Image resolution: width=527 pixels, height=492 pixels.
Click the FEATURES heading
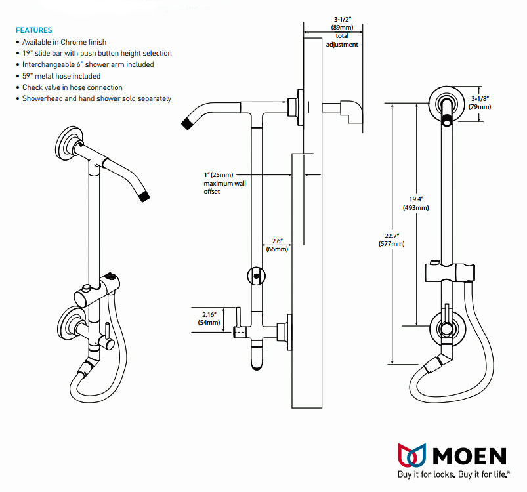(x=33, y=30)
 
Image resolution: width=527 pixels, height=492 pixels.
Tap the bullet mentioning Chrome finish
(x=64, y=42)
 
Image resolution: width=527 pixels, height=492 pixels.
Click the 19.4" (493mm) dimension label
(x=415, y=203)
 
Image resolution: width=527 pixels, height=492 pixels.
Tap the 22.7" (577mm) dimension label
(x=392, y=239)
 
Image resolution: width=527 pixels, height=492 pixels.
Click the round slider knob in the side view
(x=256, y=276)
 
